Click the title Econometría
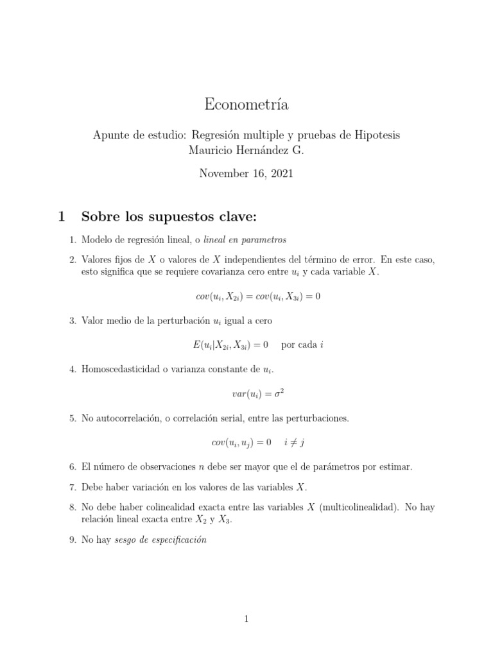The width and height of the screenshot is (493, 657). point(246,104)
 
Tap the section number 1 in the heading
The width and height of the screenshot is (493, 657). point(62,217)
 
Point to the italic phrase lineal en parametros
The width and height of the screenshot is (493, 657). point(245,239)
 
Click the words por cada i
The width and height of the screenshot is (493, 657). point(302,345)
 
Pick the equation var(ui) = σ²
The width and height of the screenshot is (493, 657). point(246,393)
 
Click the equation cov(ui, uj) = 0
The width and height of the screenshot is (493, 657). point(241,442)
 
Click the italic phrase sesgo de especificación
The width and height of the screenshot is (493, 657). point(160,540)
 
